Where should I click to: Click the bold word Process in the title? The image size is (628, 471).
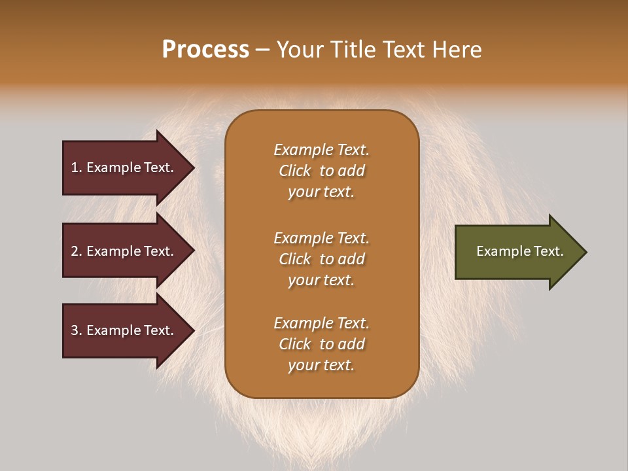point(205,49)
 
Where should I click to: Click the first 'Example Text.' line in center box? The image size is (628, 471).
point(321,150)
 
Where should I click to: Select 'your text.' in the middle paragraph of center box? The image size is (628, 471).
point(321,280)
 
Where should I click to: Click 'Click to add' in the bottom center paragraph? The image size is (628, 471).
point(321,344)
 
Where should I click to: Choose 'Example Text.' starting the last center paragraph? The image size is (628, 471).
point(321,323)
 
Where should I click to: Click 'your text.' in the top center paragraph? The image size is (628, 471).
point(321,192)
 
